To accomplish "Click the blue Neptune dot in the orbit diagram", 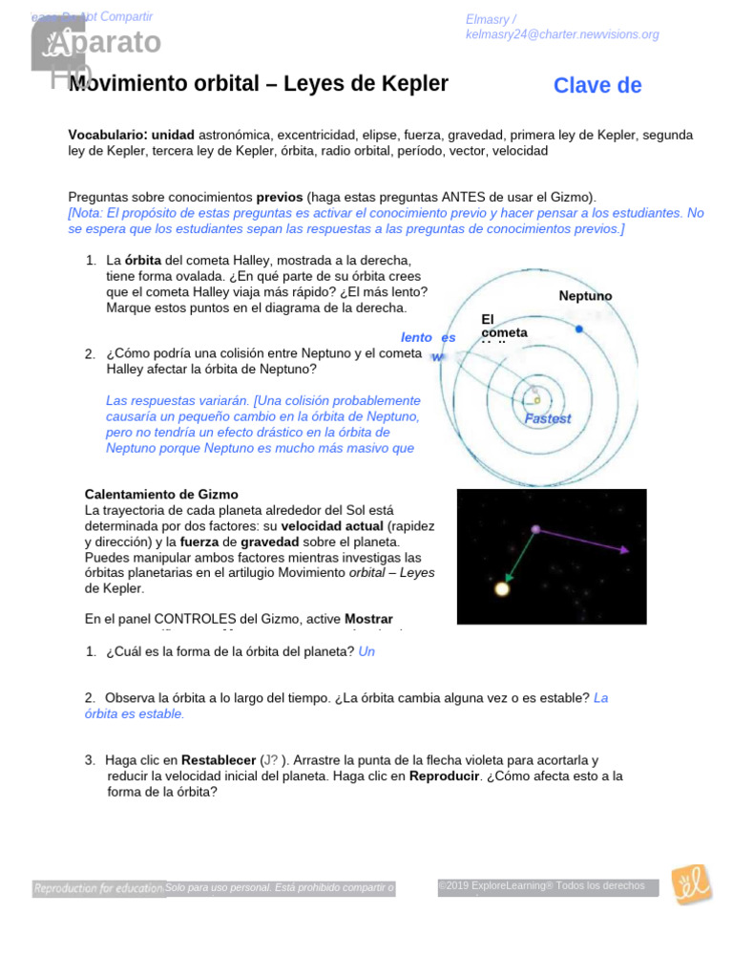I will tap(578, 329).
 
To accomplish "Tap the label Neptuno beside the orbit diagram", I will tap(585, 296).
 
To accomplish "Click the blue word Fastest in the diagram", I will tap(548, 418).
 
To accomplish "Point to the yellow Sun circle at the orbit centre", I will tap(536, 400).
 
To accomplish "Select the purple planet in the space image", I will tap(535, 528).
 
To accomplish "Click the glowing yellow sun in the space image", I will tap(502, 588).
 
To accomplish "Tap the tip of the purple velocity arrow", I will tap(626, 551).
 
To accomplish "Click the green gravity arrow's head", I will tap(508, 578).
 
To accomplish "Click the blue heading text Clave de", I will tap(597, 86).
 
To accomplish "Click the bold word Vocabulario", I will tap(106, 136).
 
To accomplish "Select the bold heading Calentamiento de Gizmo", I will tap(161, 495).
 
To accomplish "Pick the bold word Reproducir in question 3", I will tap(443, 776).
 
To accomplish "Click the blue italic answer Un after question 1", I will tap(366, 651).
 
